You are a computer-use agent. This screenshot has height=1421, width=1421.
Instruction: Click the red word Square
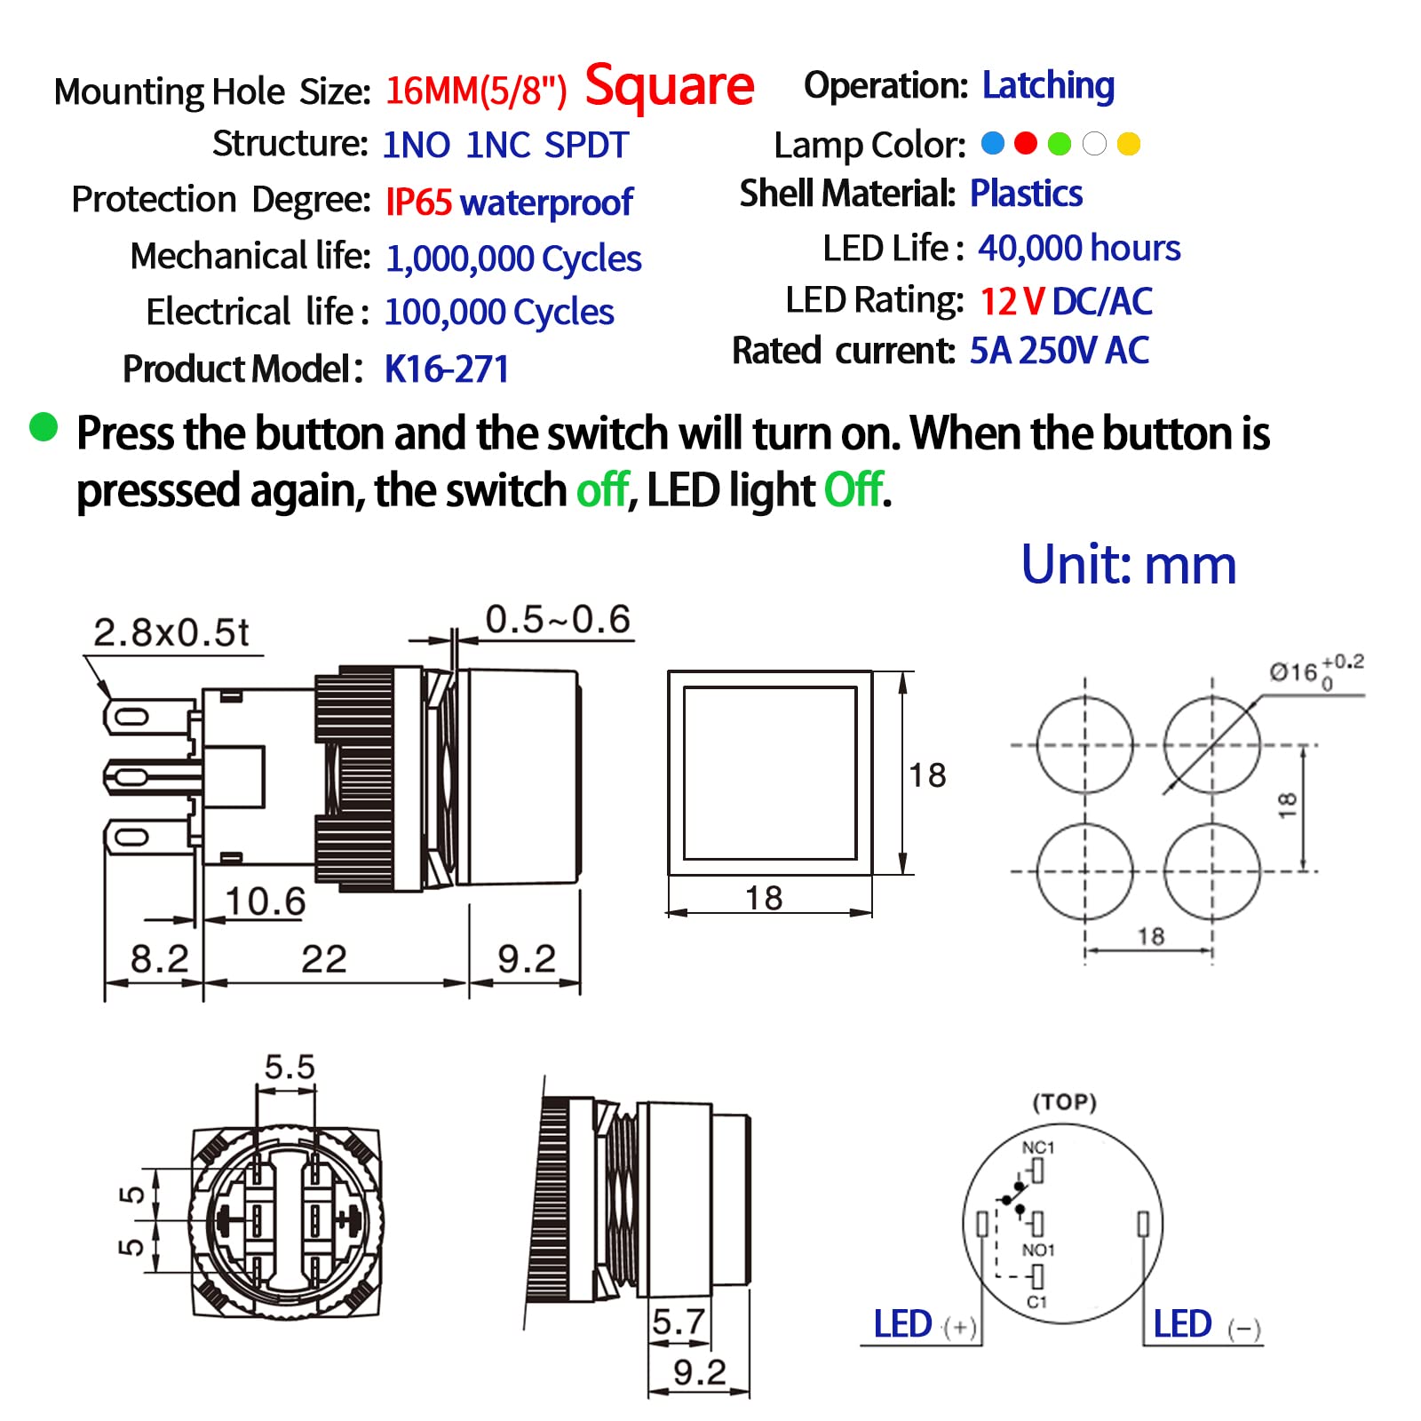(x=669, y=87)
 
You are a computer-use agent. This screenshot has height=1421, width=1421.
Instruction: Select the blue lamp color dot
(x=993, y=143)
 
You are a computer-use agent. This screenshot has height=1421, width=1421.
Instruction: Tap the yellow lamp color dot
(x=1128, y=144)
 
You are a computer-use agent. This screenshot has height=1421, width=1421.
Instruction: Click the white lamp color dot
(x=1094, y=144)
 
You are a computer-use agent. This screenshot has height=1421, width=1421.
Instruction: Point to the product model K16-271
(x=447, y=369)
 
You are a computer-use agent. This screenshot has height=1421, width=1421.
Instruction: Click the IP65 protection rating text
(x=418, y=202)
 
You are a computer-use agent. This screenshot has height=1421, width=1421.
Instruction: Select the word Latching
(x=1048, y=85)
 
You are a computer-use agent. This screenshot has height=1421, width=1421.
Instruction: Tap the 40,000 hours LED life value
(x=1079, y=248)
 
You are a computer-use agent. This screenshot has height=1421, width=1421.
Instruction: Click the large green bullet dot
(x=44, y=427)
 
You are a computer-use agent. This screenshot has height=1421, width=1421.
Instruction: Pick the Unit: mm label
(x=1128, y=564)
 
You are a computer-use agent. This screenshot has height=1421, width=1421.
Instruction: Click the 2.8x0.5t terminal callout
(x=171, y=632)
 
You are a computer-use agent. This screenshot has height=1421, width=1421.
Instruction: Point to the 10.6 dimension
(x=265, y=901)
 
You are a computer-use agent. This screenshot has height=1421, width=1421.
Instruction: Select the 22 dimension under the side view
(x=323, y=959)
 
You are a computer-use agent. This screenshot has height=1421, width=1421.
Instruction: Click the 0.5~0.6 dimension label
(x=558, y=619)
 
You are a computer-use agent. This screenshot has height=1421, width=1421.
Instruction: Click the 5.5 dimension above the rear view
(x=290, y=1067)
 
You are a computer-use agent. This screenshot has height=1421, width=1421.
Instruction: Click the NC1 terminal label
(x=1038, y=1147)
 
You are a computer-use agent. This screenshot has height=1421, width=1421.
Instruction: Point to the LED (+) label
(x=924, y=1325)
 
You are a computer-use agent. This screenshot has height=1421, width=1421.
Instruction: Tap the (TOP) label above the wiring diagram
(x=1064, y=1102)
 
